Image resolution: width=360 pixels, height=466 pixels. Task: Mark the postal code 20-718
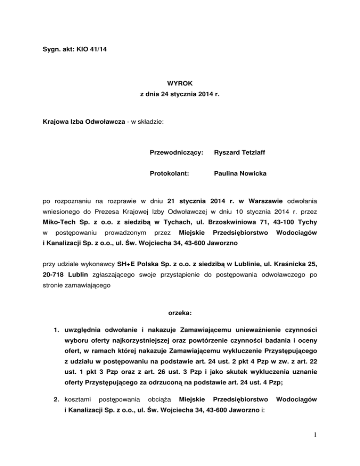52,273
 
